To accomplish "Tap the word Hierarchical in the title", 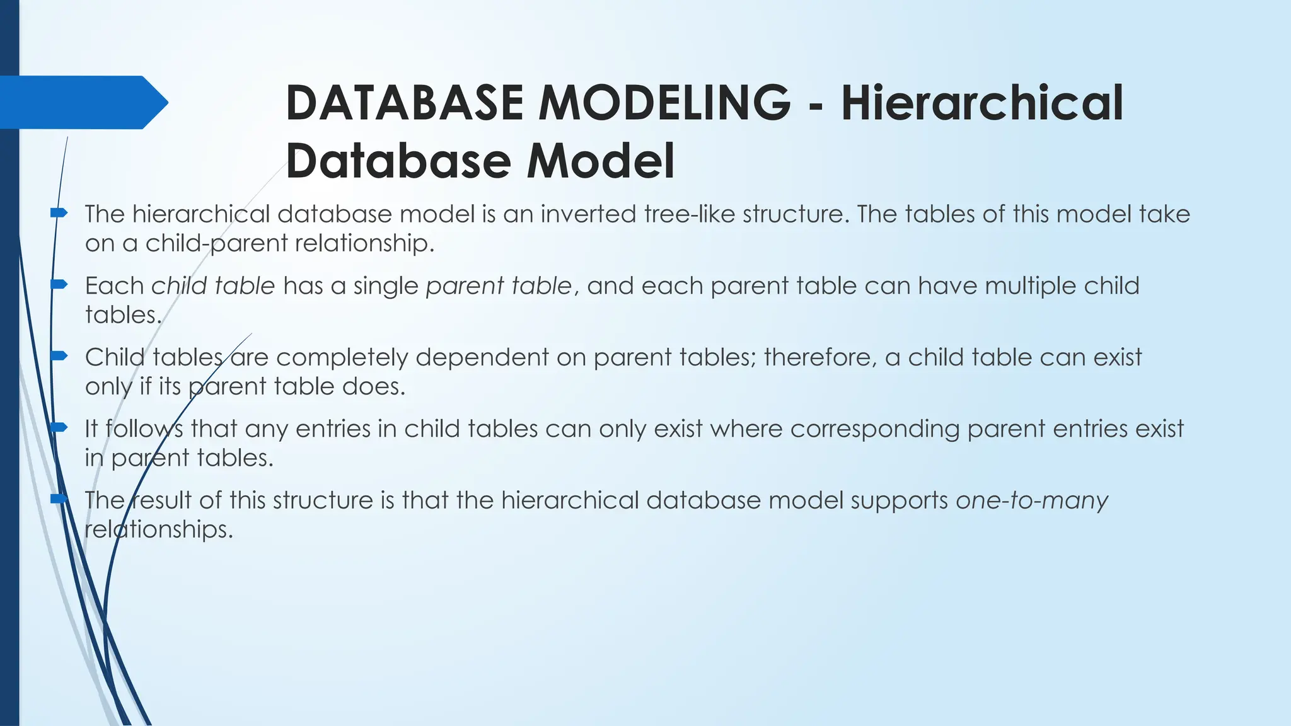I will [x=982, y=103].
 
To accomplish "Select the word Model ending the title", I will [x=600, y=161].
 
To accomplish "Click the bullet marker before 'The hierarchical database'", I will [x=59, y=213].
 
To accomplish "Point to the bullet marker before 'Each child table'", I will [x=59, y=285].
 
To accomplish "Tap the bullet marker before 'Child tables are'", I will [x=59, y=356].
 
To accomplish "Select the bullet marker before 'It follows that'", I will [x=59, y=428].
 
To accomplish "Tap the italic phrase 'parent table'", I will [x=499, y=286].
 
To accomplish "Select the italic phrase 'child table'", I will [x=213, y=286].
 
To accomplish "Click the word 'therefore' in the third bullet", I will [x=819, y=357].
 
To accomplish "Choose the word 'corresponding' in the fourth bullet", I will [x=875, y=429].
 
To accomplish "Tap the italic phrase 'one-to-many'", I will [x=1031, y=500].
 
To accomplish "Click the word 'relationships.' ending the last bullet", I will [x=159, y=529].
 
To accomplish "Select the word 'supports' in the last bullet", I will [x=899, y=500].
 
